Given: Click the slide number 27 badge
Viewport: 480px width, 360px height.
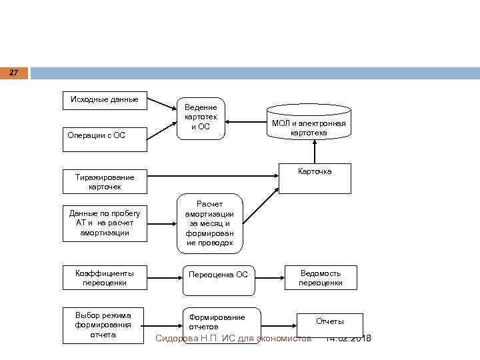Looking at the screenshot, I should coord(14,72).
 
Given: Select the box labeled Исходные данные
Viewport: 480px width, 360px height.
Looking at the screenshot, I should coord(105,100).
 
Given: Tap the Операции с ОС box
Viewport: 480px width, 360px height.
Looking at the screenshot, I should coord(105,135).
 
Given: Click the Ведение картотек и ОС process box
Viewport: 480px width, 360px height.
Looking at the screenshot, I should coord(201,117).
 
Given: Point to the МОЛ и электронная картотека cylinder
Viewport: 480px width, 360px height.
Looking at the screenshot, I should coord(309,122).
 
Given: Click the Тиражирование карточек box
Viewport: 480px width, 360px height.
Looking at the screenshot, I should coord(105,182).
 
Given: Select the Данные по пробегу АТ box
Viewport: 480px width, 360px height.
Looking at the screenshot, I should coord(105,223).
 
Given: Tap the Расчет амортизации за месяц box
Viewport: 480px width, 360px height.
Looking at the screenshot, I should coord(210,224).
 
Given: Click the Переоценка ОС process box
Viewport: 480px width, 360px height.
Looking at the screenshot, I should coord(219,275).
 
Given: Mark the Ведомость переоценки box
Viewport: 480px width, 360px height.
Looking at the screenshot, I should coord(321,278).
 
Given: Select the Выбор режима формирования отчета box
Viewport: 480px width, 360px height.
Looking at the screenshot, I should coord(105,325).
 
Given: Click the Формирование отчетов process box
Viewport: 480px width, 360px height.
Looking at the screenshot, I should coord(220,321).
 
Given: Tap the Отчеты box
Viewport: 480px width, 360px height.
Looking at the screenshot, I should coord(330,323).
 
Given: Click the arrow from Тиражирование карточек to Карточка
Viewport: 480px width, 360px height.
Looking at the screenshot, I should coord(213,177).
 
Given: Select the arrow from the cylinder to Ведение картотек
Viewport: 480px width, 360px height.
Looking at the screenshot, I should coord(246,121).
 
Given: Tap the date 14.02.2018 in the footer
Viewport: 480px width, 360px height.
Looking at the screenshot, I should coord(348,339).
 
